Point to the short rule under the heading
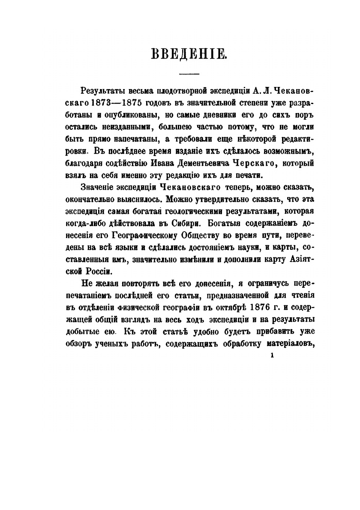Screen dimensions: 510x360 (192, 75)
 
